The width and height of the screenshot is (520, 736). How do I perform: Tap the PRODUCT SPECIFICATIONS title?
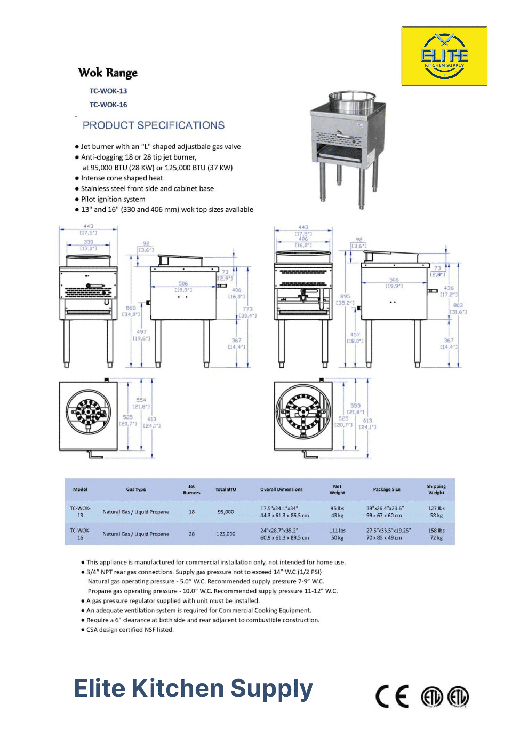pos(153,125)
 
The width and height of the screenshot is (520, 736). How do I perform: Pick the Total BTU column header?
pos(226,490)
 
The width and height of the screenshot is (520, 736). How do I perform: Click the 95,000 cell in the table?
pos(226,512)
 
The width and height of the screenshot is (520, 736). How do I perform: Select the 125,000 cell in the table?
pos(226,534)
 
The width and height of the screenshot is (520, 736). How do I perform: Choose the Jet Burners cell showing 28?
pos(192,534)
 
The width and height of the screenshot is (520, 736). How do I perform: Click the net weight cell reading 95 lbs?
pos(337,508)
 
